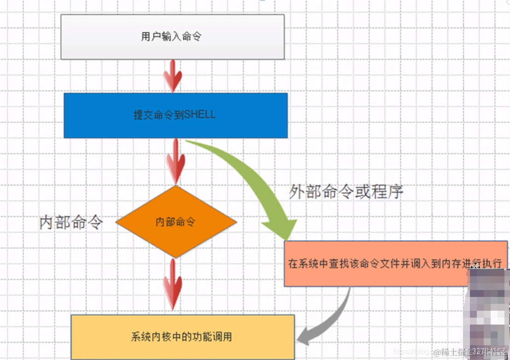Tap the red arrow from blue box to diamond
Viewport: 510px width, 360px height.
(175, 161)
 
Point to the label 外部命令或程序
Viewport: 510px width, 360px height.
(346, 192)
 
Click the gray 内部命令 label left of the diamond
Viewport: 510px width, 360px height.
(71, 223)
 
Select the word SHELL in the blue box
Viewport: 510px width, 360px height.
(199, 114)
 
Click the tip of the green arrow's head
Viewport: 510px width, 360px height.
(287, 239)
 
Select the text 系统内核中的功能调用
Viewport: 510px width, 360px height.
(181, 337)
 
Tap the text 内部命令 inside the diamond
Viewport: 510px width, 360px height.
(176, 222)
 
